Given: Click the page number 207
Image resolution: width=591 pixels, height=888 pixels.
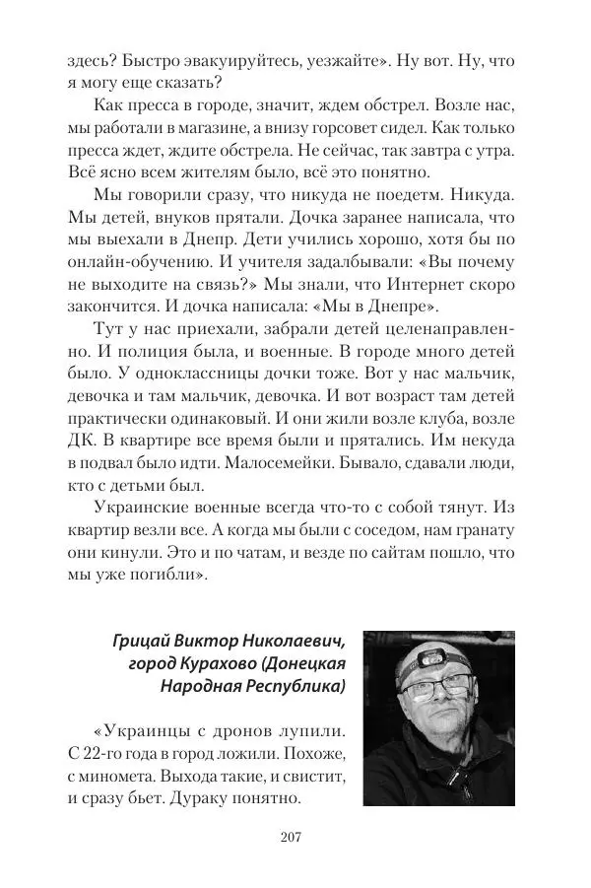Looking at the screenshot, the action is pyautogui.click(x=295, y=837).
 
